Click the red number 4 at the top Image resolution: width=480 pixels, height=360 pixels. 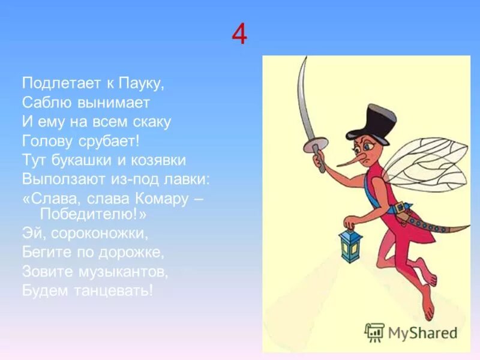click(239, 35)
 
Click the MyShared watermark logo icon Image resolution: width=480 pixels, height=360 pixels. click(375, 332)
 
